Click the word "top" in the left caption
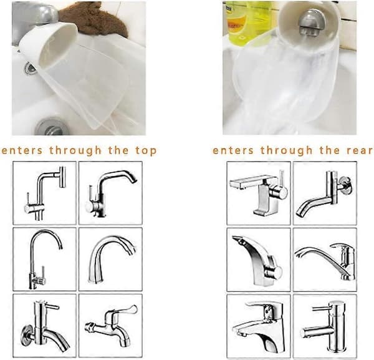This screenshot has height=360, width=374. pos(146,151)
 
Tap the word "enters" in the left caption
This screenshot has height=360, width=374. pos(22,151)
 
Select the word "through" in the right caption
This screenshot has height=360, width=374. pos(286,150)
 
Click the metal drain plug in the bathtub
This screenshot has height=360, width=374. pos(50,127)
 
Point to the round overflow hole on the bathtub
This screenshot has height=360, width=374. pos(30,68)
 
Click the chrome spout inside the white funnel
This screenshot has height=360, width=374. pos(310,23)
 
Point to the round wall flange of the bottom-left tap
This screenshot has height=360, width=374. pos(27,335)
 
